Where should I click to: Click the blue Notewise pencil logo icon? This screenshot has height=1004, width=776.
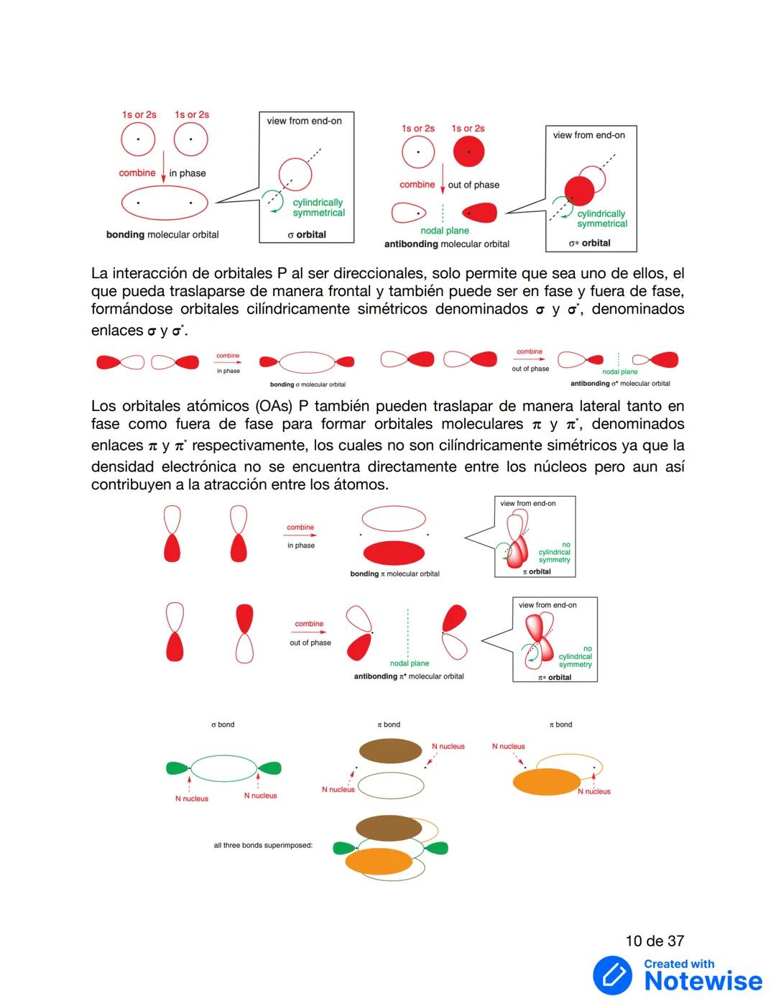[x=612, y=975]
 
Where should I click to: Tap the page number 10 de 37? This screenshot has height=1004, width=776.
[x=655, y=941]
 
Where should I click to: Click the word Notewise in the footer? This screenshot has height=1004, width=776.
[x=703, y=981]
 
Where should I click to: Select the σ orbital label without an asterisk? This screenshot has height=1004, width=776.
[x=307, y=234]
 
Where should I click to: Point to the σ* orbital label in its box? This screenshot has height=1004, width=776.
[x=589, y=243]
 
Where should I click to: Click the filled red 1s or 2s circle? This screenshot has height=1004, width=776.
[x=468, y=152]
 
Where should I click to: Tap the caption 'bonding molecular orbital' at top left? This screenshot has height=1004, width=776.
[x=162, y=234]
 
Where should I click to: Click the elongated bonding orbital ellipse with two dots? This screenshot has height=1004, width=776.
[x=165, y=203]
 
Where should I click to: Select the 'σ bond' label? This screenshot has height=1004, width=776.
[x=223, y=724]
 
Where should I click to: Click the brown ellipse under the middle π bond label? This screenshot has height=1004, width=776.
[x=390, y=751]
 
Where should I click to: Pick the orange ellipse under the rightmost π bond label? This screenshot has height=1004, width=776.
[x=547, y=782]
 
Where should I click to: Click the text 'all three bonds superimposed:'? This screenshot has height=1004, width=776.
[x=263, y=845]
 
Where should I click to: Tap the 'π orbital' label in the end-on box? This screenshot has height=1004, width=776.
[x=536, y=571]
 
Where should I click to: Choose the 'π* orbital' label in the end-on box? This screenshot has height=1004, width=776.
[x=555, y=677]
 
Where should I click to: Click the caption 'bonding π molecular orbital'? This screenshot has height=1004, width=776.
[x=394, y=574]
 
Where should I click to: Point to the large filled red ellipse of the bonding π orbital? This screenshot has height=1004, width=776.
[x=394, y=553]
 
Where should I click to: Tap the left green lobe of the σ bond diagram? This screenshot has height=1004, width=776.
[x=177, y=768]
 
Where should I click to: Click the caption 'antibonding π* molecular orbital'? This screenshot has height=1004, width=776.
[x=408, y=676]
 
